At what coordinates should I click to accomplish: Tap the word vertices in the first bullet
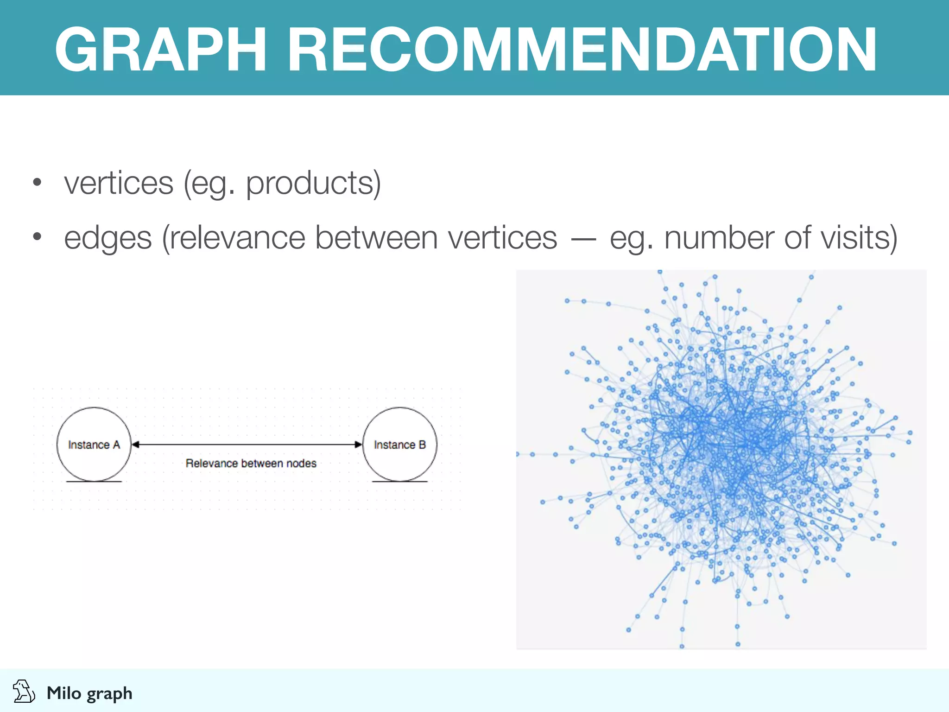point(119,183)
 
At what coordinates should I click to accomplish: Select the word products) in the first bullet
point(313,183)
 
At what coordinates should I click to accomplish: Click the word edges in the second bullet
point(108,238)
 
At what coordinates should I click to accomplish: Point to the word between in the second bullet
point(376,238)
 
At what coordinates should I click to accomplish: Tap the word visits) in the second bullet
point(859,238)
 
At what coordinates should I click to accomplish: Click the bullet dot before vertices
point(37,182)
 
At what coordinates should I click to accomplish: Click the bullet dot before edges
point(37,237)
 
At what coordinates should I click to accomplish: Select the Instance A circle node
point(94,445)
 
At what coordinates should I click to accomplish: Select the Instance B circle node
point(399,445)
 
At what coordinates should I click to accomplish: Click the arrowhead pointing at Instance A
point(135,445)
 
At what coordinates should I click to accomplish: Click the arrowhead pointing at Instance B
point(358,445)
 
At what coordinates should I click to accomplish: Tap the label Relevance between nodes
point(251,463)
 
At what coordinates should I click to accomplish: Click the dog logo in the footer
point(23,692)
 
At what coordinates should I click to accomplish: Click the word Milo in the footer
point(64,693)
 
